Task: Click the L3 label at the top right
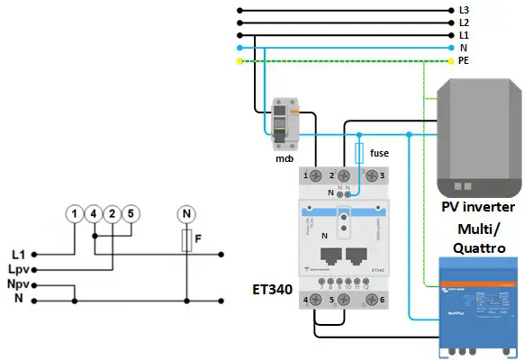(464, 9)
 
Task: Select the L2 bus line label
(464, 21)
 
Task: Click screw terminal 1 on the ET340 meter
(317, 175)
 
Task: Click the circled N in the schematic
(185, 214)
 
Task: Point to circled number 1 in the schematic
(72, 214)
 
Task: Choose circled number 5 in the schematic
(131, 214)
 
